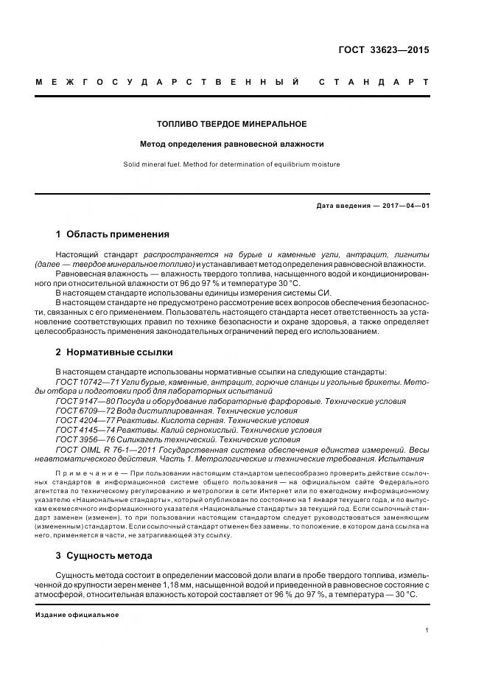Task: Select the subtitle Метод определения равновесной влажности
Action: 232,144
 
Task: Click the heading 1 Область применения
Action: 112,234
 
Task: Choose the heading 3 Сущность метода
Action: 104,555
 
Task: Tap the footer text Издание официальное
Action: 77,614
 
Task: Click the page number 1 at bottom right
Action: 427,630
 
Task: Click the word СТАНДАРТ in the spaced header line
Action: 374,81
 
